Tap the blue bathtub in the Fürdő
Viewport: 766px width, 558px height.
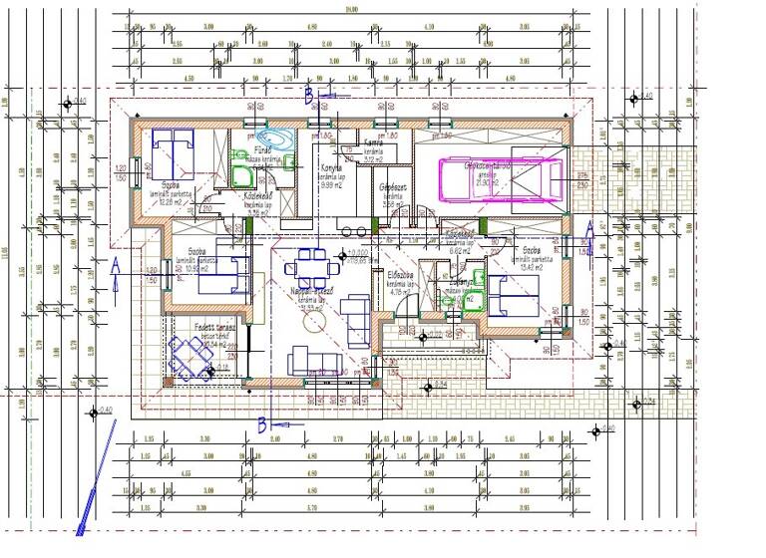[x=271, y=140]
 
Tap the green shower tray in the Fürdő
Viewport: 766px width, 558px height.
[x=240, y=174]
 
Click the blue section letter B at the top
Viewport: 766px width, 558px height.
[x=310, y=95]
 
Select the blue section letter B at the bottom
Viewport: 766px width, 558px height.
[x=262, y=424]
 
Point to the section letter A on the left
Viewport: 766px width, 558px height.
[x=117, y=266]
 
